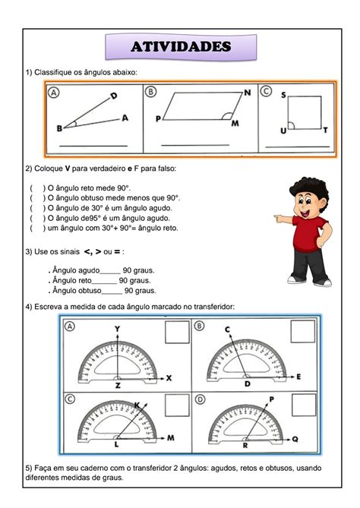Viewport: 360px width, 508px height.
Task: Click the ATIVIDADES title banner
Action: click(180, 47)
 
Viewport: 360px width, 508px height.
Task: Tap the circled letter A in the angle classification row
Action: click(55, 93)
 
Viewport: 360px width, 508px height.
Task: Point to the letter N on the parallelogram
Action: click(248, 93)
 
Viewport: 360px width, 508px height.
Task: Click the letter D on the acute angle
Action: click(113, 96)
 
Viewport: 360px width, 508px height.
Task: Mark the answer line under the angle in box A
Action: click(93, 145)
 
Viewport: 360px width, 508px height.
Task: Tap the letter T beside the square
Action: click(325, 131)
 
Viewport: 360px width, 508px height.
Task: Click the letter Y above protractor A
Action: click(118, 328)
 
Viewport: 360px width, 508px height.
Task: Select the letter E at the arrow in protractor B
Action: click(299, 377)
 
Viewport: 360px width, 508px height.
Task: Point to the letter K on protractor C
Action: click(137, 405)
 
